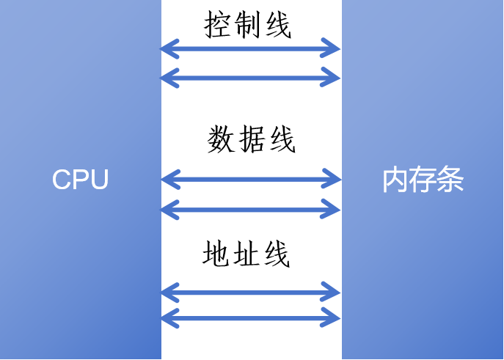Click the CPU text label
80,180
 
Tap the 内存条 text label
423,180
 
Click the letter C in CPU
62,180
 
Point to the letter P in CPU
81,180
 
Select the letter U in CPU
99,180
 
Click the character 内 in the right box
395,180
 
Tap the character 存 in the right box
423,180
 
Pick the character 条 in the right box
450,180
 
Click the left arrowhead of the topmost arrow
168,50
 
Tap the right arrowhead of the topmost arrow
335,50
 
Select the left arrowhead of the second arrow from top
168,77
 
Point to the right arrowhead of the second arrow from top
335,77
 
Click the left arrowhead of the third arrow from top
168,178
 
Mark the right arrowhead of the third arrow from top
335,178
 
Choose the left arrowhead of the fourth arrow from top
168,210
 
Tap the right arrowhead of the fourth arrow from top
335,210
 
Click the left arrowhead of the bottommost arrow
168,318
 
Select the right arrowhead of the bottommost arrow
335,318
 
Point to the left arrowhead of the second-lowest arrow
168,293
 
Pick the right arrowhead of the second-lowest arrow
335,293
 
